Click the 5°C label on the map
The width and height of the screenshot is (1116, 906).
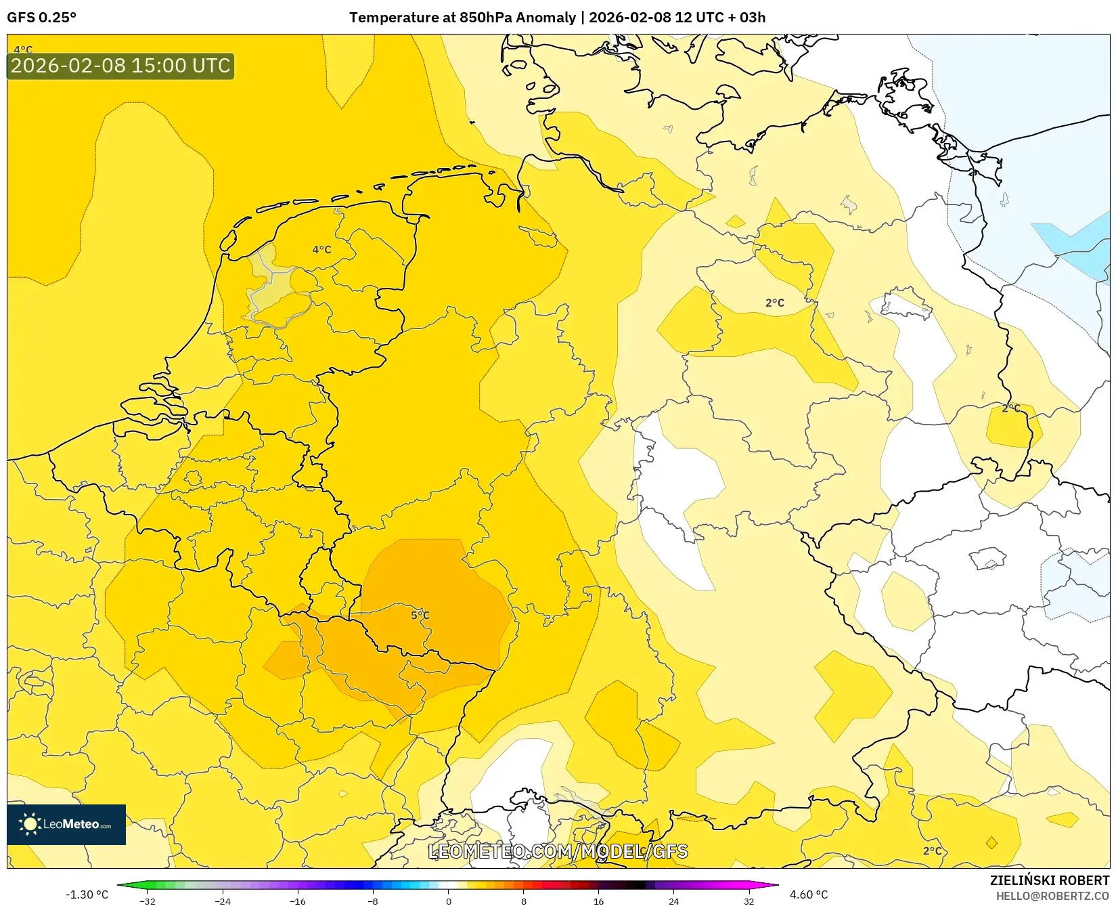point(420,616)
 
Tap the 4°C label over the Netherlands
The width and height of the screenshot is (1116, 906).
point(321,250)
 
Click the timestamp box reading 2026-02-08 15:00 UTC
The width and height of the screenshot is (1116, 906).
point(120,66)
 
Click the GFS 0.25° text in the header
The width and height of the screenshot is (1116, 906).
point(41,18)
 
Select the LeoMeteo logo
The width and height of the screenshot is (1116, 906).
point(66,824)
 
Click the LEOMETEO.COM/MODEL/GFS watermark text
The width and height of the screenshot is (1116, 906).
point(558,851)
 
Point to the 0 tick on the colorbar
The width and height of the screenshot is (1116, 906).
point(448,901)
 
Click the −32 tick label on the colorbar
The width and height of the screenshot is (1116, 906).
point(147,901)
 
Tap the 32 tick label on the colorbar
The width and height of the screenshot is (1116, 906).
point(749,901)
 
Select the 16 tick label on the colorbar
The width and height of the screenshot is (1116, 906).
point(598,901)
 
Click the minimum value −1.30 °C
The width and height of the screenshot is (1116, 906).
point(87,895)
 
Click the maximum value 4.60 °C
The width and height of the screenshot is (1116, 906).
point(809,895)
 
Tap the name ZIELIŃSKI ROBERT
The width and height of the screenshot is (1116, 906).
point(1050,881)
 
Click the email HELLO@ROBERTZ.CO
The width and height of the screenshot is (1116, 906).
point(1052,896)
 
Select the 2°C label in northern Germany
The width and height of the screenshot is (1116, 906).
point(775,303)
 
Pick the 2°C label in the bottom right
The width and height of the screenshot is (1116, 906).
point(932,851)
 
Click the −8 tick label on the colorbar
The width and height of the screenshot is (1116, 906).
point(373,901)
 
